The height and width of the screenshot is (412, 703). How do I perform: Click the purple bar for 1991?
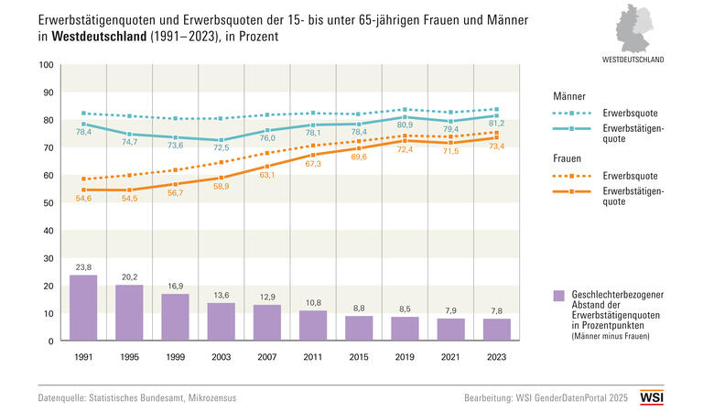click(x=83, y=308)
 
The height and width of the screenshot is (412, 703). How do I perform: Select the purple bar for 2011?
click(x=313, y=325)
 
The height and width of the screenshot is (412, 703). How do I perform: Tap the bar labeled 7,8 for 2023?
click(x=497, y=330)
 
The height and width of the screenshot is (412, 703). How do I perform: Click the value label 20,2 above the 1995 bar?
click(x=129, y=277)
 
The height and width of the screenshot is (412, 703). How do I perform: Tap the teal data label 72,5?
click(x=222, y=148)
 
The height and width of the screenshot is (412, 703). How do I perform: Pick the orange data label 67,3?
click(x=313, y=164)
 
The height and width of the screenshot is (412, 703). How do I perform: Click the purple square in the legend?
click(x=559, y=295)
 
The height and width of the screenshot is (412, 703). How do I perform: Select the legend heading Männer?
click(x=569, y=96)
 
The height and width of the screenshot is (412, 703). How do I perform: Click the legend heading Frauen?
click(x=568, y=158)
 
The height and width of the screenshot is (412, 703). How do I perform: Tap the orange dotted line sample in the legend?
click(x=574, y=175)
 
